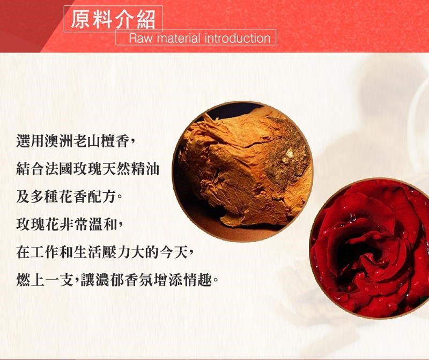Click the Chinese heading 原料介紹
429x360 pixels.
pos(113,19)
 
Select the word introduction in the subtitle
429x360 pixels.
pos(238,38)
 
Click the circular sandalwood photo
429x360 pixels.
pos(242,171)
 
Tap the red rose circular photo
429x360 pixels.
pos(369,248)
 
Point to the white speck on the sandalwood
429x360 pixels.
pos(289,154)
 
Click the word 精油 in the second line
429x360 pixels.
pos(145,169)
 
